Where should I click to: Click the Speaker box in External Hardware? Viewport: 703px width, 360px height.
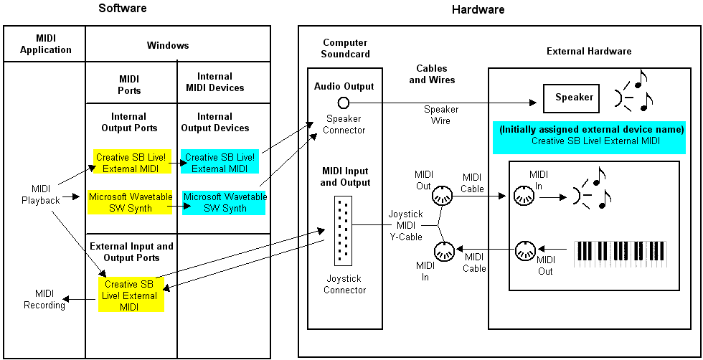(x=575, y=98)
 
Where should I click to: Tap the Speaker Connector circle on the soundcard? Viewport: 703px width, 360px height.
(x=344, y=102)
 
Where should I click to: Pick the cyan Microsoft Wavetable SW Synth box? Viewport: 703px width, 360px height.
(x=225, y=202)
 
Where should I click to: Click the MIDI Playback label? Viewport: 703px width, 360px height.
(x=40, y=195)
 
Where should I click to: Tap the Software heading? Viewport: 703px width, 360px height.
(x=123, y=9)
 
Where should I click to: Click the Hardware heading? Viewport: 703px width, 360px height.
(x=478, y=10)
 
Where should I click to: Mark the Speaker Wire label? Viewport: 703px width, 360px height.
(x=440, y=115)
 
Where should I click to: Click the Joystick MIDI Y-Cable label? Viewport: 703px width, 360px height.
(x=405, y=225)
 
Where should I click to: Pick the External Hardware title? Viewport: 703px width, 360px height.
(x=588, y=52)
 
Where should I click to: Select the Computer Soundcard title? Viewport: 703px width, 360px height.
(x=344, y=49)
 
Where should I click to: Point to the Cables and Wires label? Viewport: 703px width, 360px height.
(x=432, y=75)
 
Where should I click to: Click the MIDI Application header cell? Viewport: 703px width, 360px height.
(x=45, y=44)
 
